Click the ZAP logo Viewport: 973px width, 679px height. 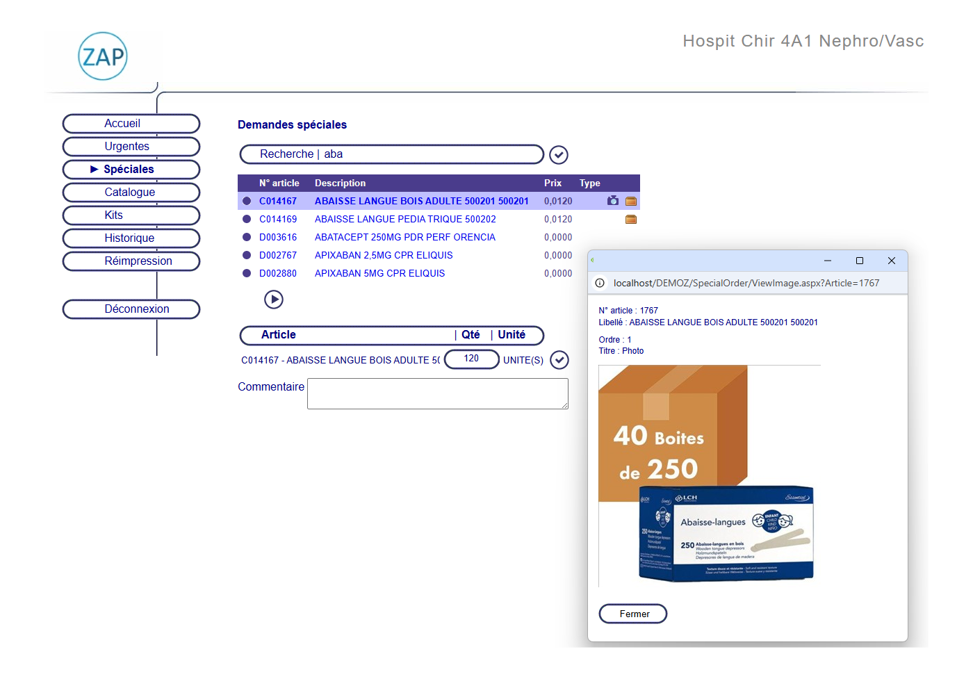click(x=103, y=56)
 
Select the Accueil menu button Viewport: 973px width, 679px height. click(x=131, y=124)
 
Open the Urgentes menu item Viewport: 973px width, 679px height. click(x=131, y=147)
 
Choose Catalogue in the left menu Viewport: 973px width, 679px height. click(x=131, y=193)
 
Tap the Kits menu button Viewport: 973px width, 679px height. click(x=131, y=215)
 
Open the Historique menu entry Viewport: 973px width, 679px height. click(x=131, y=238)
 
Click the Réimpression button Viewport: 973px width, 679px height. click(x=131, y=261)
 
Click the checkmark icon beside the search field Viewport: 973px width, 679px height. click(x=559, y=154)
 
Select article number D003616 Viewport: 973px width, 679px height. click(x=278, y=238)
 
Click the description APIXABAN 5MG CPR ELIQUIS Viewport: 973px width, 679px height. click(x=379, y=274)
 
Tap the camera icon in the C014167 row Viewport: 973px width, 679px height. click(x=612, y=201)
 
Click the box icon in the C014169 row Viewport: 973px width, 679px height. click(x=631, y=220)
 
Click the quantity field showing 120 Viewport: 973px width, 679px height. click(x=471, y=359)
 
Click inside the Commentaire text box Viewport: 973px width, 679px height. click(x=437, y=394)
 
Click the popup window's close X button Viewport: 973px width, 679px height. click(x=891, y=261)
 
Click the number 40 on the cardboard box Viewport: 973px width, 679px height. click(x=630, y=436)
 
